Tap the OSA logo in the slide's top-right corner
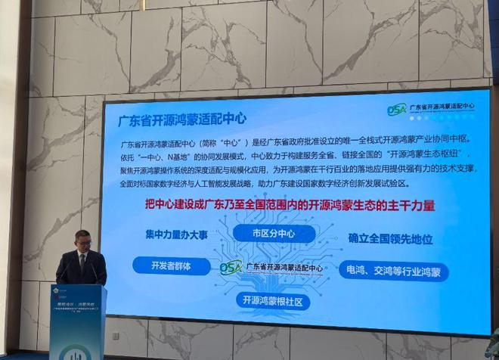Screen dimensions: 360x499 tap(397, 110)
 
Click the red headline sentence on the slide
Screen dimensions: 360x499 tap(295, 206)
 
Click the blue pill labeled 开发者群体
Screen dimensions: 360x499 tap(170, 265)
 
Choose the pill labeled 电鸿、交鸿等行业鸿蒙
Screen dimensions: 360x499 tap(393, 270)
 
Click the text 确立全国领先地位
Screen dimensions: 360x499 tap(390, 238)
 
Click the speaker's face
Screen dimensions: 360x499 tap(83, 244)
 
